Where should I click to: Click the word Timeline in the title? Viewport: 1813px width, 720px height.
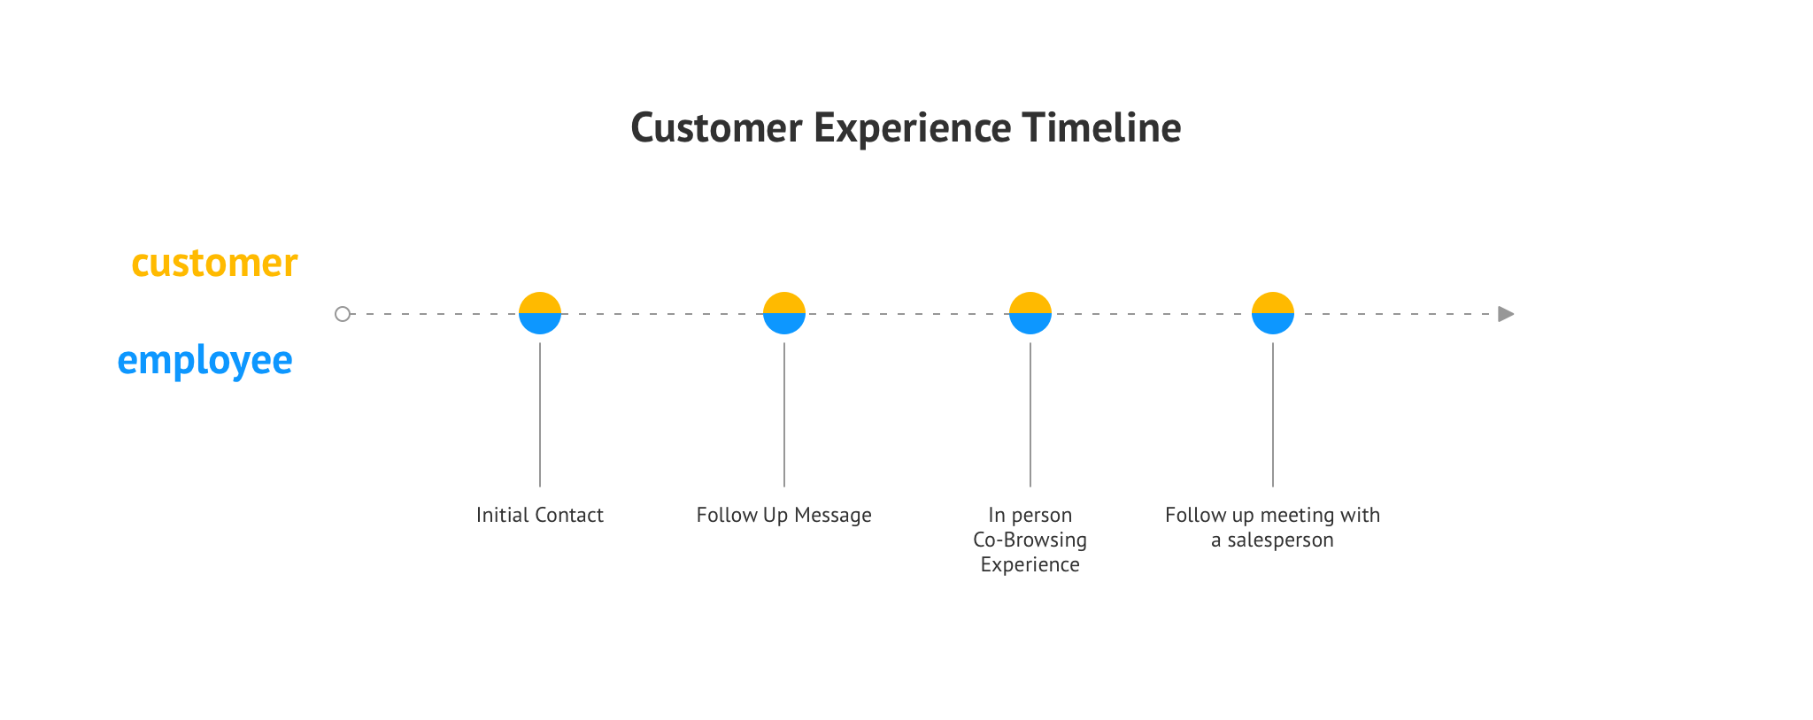[1101, 127]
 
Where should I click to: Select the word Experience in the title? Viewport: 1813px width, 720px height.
[912, 129]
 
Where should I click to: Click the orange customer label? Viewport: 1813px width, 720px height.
[214, 263]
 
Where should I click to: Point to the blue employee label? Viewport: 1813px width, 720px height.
[204, 361]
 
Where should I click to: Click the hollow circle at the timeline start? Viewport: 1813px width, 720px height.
[343, 314]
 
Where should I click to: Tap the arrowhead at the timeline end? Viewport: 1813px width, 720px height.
[1506, 314]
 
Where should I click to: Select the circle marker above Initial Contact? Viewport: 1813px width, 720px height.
[540, 313]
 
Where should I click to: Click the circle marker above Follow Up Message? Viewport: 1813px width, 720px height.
[784, 313]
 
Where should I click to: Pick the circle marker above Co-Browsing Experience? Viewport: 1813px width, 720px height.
[1030, 313]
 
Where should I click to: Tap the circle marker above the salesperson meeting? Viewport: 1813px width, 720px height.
[1273, 313]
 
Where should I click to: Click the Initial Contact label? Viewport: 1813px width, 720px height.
[540, 515]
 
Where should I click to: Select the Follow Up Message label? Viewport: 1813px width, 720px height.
[784, 516]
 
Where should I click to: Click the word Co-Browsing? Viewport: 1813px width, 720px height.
[1030, 540]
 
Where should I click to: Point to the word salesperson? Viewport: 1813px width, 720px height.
[1280, 540]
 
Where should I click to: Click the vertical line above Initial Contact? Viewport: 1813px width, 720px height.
[540, 415]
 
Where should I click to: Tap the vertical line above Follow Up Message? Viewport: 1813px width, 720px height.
[784, 415]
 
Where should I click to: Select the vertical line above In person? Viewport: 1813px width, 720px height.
[1030, 415]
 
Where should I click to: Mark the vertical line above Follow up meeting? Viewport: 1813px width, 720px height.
[1273, 415]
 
